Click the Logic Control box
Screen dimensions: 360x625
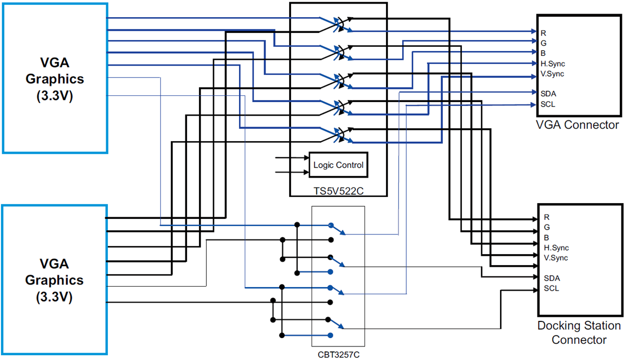[338, 165]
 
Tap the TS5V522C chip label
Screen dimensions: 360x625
[338, 192]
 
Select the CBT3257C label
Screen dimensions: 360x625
[338, 354]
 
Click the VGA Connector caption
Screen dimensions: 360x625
[577, 125]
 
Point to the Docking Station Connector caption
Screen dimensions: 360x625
[579, 333]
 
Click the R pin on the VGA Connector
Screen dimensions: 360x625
[543, 33]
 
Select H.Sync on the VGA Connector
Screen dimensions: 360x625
[552, 63]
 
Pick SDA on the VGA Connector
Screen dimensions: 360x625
[547, 93]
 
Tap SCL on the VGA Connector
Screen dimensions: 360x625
[547, 104]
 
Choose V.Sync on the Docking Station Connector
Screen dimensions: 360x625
[556, 258]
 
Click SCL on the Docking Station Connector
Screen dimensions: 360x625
[552, 289]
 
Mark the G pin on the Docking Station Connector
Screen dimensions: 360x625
[546, 227]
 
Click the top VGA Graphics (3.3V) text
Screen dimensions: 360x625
[55, 79]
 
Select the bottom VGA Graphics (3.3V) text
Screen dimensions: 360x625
[55, 280]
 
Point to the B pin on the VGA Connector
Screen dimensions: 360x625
[543, 53]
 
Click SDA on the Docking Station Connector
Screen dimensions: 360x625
[552, 278]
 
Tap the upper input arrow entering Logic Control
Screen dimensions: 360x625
[292, 157]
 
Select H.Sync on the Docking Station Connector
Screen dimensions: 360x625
[556, 247]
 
